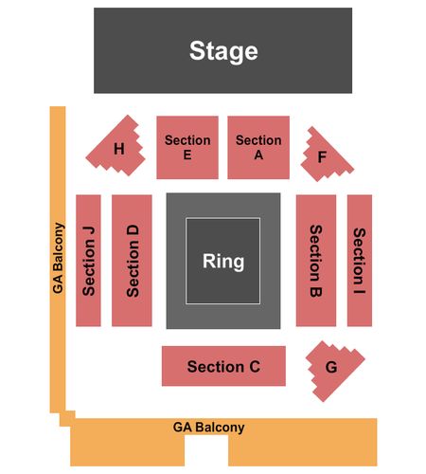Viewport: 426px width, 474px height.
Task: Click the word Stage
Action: pyautogui.click(x=223, y=51)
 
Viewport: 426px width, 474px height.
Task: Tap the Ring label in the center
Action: pyautogui.click(x=223, y=262)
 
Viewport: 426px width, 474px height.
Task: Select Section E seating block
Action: pyautogui.click(x=187, y=147)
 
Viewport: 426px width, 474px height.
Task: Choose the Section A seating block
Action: pyautogui.click(x=258, y=147)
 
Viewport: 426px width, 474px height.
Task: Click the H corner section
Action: pyautogui.click(x=116, y=147)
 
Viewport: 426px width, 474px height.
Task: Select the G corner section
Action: pyautogui.click(x=333, y=370)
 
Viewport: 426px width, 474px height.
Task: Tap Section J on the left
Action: pyautogui.click(x=88, y=261)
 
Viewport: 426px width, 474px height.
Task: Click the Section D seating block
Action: pyautogui.click(x=132, y=261)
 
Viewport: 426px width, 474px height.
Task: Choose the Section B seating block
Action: pyautogui.click(x=316, y=261)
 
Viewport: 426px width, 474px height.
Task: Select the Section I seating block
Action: pyautogui.click(x=360, y=261)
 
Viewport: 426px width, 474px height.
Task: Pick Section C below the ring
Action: pyautogui.click(x=223, y=366)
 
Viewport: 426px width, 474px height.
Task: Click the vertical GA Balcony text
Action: pyautogui.click(x=59, y=258)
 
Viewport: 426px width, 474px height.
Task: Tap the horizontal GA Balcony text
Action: pyautogui.click(x=208, y=428)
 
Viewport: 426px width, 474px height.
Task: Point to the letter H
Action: pyautogui.click(x=119, y=149)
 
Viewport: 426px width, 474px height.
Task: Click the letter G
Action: pyautogui.click(x=331, y=367)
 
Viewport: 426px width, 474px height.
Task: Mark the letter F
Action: pyautogui.click(x=322, y=157)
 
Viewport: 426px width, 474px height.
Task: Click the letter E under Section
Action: pyautogui.click(x=187, y=155)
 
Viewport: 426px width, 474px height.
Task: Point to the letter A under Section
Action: pyautogui.click(x=258, y=155)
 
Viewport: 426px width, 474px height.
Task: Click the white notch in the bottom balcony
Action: pyautogui.click(x=206, y=450)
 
